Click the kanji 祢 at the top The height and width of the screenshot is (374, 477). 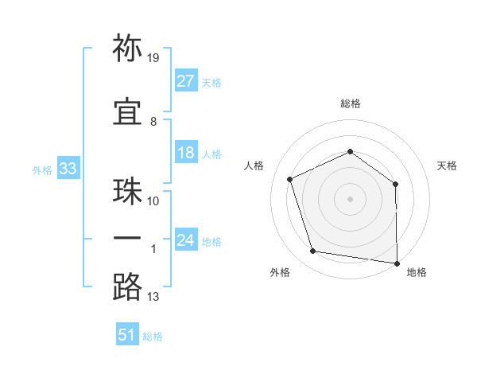pos(127,48)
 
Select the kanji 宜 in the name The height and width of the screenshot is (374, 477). pos(127,111)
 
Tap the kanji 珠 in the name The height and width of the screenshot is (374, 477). pos(127,191)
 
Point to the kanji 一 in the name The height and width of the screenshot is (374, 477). pos(127,238)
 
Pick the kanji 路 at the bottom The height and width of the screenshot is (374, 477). pos(127,286)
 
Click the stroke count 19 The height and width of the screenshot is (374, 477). pos(153,58)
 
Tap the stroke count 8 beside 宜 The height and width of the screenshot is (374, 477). pos(153,122)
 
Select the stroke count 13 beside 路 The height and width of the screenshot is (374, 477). pos(153,297)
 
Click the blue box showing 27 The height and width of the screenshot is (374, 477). pos(186,80)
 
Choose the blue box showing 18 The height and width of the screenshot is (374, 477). pos(186,152)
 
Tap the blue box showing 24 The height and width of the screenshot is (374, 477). pos(186,239)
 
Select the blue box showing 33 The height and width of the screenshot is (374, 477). pos(68,168)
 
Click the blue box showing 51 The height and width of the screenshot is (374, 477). pos(127,333)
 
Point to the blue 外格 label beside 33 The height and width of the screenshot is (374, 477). pos(42,170)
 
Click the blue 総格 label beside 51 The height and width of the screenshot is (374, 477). pos(153,337)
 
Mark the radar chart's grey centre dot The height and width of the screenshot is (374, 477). pos(350,199)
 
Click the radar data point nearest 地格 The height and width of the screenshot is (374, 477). pos(397,263)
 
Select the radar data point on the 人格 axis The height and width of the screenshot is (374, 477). pos(289,179)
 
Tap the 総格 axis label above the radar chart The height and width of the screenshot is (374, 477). pos(351,103)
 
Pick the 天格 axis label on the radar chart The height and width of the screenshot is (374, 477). pos(447,166)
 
